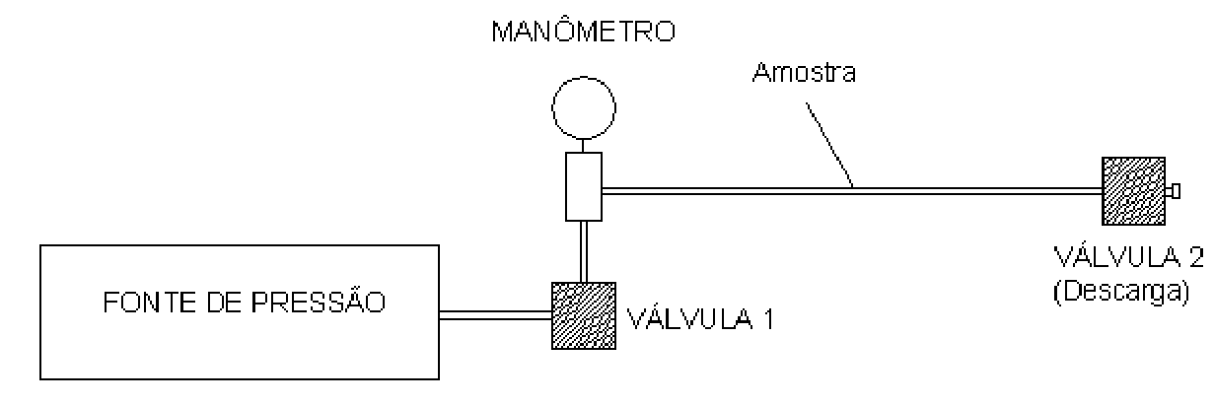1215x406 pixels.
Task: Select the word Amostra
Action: (804, 73)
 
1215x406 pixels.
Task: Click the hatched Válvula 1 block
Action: (584, 315)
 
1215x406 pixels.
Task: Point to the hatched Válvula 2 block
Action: (1134, 191)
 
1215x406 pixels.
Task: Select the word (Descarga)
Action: (1121, 292)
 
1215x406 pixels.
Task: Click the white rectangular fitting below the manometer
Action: (584, 186)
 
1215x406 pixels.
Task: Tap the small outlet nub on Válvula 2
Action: (1173, 191)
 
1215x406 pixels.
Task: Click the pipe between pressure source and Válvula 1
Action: (495, 315)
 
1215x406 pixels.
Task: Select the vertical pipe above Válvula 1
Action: (584, 251)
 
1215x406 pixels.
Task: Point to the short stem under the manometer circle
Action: (583, 146)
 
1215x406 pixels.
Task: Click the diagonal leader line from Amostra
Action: (828, 145)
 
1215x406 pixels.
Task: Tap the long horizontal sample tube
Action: (852, 191)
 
